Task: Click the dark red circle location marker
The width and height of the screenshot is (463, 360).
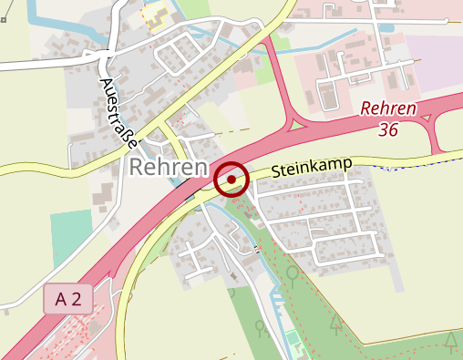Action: point(231,180)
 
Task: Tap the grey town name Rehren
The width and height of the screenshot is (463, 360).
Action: point(167,169)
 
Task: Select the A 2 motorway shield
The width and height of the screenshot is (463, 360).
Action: point(67,299)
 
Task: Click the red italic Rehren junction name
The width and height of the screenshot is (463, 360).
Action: point(388,109)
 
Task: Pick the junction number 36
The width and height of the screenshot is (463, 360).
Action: point(389,130)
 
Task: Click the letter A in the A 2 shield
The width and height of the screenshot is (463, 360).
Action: point(61,299)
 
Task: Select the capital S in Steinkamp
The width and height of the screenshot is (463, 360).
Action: point(275,173)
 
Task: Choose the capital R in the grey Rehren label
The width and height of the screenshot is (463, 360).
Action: point(138,169)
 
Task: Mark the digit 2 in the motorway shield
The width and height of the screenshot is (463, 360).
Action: point(77,299)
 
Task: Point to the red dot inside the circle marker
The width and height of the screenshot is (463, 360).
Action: point(231,180)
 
